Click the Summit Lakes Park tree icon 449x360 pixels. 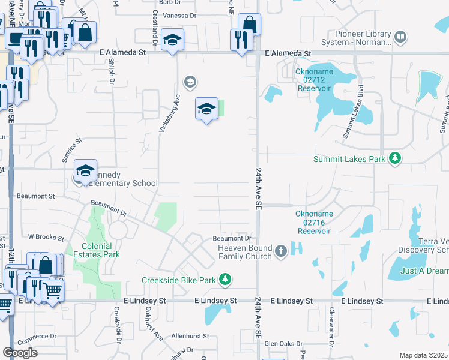click(394, 158)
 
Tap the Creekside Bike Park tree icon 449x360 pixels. click(224, 280)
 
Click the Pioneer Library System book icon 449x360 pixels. click(400, 38)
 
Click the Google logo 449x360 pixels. click(20, 353)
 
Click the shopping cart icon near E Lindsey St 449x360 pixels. click(53, 291)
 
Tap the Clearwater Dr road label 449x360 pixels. click(331, 324)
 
